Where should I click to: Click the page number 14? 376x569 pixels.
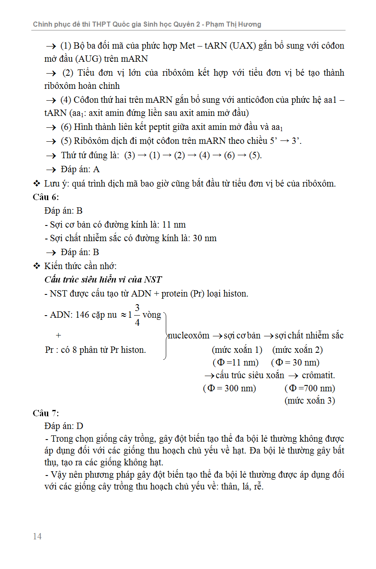click(x=37, y=536)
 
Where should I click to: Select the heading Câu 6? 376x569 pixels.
click(x=46, y=197)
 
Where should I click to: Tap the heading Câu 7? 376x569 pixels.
click(x=46, y=413)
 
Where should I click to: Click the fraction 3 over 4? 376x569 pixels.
click(x=137, y=315)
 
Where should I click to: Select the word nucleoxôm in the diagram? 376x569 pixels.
click(x=189, y=336)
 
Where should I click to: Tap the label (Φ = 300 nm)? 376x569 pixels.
click(x=230, y=388)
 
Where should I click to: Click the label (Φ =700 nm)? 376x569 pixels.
click(x=310, y=388)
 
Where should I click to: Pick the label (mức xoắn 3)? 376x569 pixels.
click(x=310, y=400)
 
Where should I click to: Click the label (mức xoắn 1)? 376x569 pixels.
click(x=237, y=350)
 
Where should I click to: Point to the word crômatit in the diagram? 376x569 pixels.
click(x=318, y=375)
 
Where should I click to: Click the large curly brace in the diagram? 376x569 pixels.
click(x=165, y=336)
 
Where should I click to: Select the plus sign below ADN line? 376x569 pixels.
click(x=58, y=335)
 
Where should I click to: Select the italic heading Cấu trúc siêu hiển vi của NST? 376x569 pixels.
click(x=103, y=280)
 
